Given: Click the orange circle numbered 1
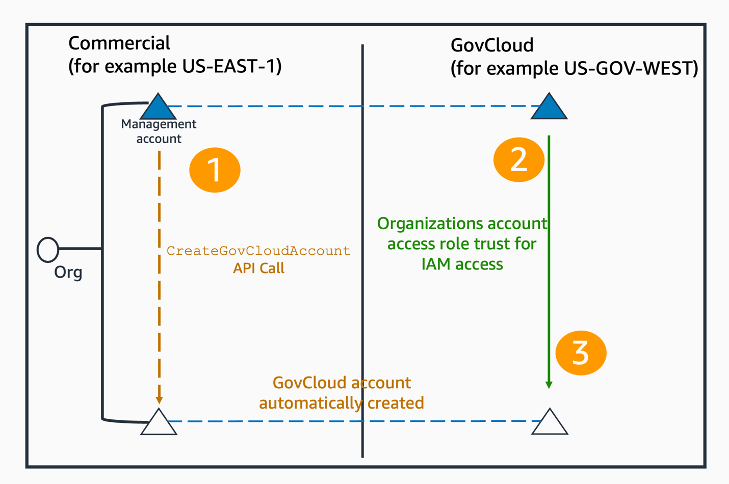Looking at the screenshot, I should tap(215, 170).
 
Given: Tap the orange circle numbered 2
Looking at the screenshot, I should tap(518, 160).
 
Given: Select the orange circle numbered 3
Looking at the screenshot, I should tap(581, 353).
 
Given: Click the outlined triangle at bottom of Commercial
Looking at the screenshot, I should tap(159, 423).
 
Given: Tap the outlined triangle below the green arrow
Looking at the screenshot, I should tap(550, 423).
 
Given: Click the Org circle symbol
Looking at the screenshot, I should tap(48, 250).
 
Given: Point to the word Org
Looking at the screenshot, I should tap(68, 273).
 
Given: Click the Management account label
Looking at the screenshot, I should tap(159, 131).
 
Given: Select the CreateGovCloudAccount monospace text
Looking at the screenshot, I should tap(258, 251).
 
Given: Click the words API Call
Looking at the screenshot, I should tap(258, 268).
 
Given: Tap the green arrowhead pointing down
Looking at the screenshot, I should tap(549, 385).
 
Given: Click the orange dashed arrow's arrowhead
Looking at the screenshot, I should tap(159, 400).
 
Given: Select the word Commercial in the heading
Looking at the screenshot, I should tap(119, 43).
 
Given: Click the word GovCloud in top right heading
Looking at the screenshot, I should tap(492, 45).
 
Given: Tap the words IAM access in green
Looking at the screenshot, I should tap(462, 264).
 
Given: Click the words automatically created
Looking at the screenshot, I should tap(341, 403).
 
